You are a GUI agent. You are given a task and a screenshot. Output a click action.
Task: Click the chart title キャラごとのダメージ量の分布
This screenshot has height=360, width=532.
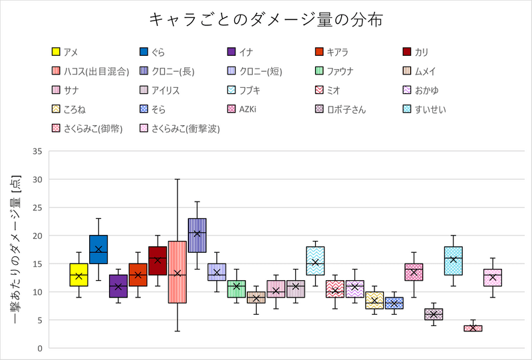265,20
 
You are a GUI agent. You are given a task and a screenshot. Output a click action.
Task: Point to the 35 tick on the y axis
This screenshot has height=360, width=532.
37,152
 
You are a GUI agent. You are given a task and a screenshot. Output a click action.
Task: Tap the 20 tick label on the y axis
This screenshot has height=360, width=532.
37,236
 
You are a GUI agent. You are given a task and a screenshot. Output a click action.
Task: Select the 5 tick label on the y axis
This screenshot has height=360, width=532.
40,320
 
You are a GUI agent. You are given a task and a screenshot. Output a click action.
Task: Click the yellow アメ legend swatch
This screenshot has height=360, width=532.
56,52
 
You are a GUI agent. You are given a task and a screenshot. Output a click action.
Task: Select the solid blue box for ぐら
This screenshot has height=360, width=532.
98,249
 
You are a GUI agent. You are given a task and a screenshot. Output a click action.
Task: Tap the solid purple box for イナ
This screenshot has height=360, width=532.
118,285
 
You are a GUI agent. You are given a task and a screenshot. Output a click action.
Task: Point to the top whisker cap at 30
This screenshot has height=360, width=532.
177,179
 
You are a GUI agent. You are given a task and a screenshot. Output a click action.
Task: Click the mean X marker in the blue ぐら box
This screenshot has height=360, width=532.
98,250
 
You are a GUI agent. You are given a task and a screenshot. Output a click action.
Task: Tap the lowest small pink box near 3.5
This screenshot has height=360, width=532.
473,328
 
